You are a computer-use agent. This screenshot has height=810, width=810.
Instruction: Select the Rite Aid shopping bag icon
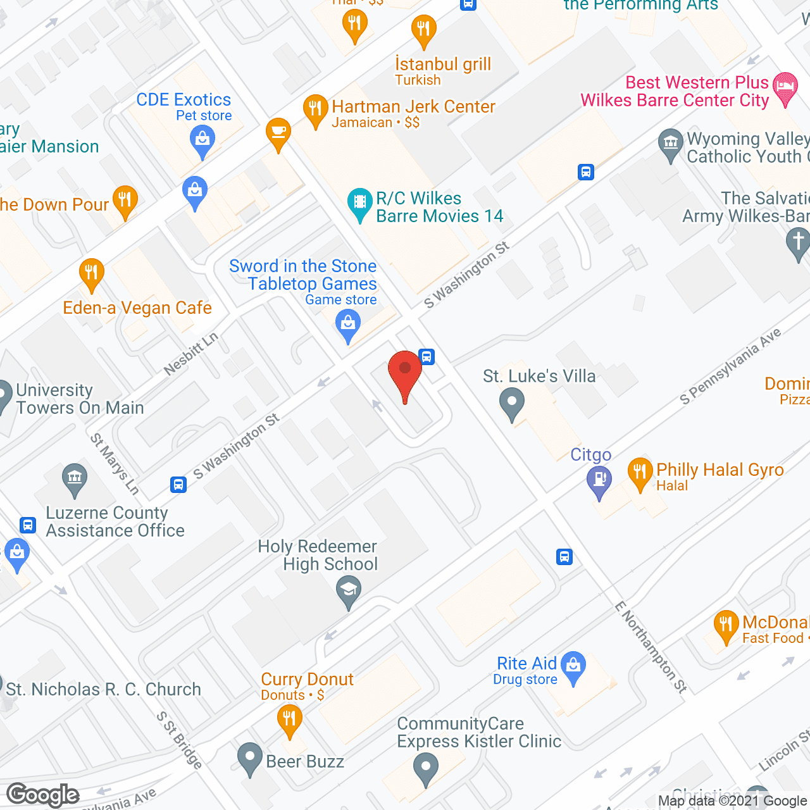pos(573,667)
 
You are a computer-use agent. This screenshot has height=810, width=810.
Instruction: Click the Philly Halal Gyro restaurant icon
pos(640,473)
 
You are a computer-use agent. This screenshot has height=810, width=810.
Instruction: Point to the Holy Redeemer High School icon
pos(348,592)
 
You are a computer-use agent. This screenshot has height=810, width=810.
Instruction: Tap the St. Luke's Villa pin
pos(512,402)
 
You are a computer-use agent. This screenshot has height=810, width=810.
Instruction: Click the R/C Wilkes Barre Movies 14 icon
pos(359,203)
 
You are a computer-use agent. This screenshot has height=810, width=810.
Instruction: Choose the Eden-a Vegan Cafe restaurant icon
pos(92,273)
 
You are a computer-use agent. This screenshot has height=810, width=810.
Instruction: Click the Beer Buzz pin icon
pos(250,758)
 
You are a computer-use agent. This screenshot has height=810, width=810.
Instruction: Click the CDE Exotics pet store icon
pos(202,140)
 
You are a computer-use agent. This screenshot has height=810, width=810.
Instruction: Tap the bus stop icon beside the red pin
pos(427,357)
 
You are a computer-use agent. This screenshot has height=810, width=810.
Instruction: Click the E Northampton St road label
pos(651,647)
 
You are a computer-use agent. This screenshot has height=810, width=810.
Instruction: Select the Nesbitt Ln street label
pos(190,353)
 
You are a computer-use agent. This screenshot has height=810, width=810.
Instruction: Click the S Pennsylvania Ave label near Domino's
pos(730,366)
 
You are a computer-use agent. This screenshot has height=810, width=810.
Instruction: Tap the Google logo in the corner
pos(43,795)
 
